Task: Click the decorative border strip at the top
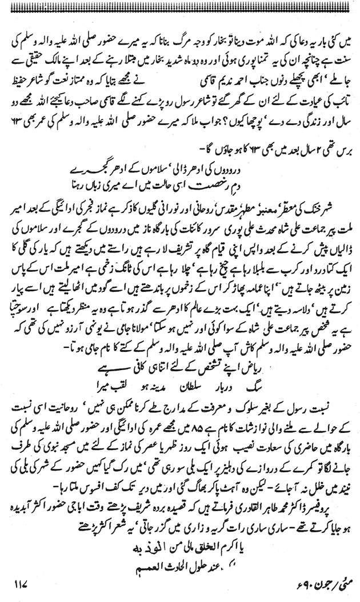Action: [180, 6]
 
